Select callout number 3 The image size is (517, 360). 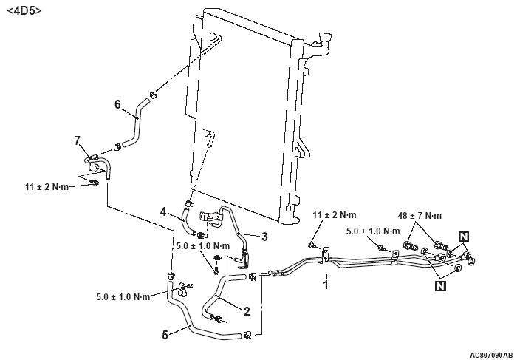click(x=264, y=237)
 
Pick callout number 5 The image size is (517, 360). click(x=164, y=333)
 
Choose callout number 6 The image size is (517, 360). click(x=117, y=104)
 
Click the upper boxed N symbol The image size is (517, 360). click(x=463, y=236)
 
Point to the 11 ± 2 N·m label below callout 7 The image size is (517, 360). click(x=47, y=187)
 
